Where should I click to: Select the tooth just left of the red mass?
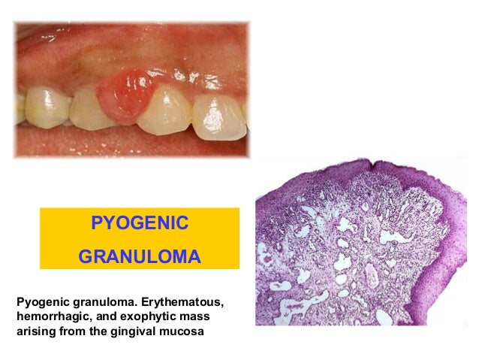91,109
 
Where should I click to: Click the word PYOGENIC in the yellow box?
139,224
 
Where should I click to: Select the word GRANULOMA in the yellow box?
139,258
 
